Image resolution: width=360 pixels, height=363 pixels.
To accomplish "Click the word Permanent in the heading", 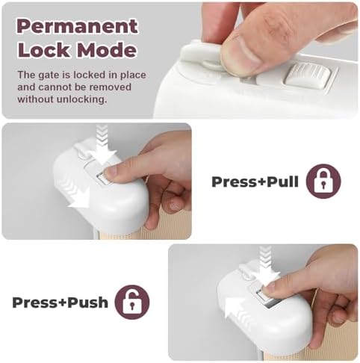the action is (77, 26).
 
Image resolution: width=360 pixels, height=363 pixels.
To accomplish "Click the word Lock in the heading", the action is (44, 50).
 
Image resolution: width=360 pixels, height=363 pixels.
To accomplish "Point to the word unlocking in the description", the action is (82, 99).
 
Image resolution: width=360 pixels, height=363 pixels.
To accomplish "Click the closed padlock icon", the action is (323, 181).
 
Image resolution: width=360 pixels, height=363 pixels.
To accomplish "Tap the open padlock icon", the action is (132, 302).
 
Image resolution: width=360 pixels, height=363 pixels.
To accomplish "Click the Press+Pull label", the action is (255, 181).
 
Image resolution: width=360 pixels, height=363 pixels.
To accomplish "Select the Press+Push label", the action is (60, 302).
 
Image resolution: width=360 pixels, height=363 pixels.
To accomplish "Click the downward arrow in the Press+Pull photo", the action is (102, 145).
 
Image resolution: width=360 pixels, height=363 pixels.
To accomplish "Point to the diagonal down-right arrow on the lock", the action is (75, 193).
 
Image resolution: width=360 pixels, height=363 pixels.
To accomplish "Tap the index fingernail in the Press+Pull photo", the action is (111, 171).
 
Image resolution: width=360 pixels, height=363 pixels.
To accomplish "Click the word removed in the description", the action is (110, 87).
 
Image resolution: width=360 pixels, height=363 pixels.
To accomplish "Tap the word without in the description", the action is (35, 99).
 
